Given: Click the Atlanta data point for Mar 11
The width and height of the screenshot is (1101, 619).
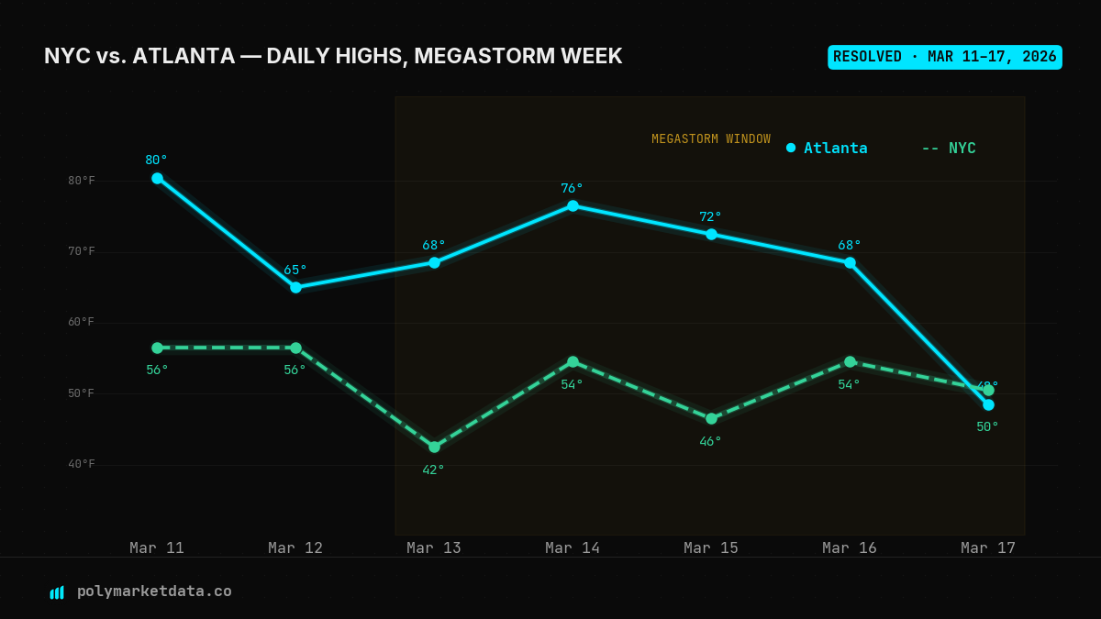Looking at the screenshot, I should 157,178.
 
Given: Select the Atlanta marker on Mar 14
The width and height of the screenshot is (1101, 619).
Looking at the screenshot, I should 573,205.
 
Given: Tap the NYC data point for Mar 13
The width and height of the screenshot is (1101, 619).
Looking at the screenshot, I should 434,447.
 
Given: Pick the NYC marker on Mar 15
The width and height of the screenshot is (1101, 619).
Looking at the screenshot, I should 711,418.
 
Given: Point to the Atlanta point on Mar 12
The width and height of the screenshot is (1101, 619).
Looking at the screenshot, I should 295,287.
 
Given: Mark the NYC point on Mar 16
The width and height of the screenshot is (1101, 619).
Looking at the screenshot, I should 850,361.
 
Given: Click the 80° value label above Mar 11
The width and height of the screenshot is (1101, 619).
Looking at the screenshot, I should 156,160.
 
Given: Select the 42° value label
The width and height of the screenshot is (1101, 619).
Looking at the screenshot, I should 433,470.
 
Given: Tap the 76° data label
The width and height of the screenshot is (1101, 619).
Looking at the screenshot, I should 572,188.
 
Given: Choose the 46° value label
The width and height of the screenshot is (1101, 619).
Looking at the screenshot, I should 710,441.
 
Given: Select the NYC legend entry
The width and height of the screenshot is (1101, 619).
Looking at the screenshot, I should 949,148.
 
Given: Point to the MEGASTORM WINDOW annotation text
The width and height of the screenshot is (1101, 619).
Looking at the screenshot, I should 711,139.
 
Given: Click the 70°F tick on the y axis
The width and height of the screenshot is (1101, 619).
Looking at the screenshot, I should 81,251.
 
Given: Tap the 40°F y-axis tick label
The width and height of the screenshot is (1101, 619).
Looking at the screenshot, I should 81,464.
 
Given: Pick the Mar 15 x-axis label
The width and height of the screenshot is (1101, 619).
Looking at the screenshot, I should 711,547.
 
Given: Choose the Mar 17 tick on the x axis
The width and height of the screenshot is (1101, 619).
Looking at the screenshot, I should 988,547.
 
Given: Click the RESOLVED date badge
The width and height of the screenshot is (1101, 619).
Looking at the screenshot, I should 944,57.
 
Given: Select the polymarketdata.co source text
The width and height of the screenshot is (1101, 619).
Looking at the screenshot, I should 154,591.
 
